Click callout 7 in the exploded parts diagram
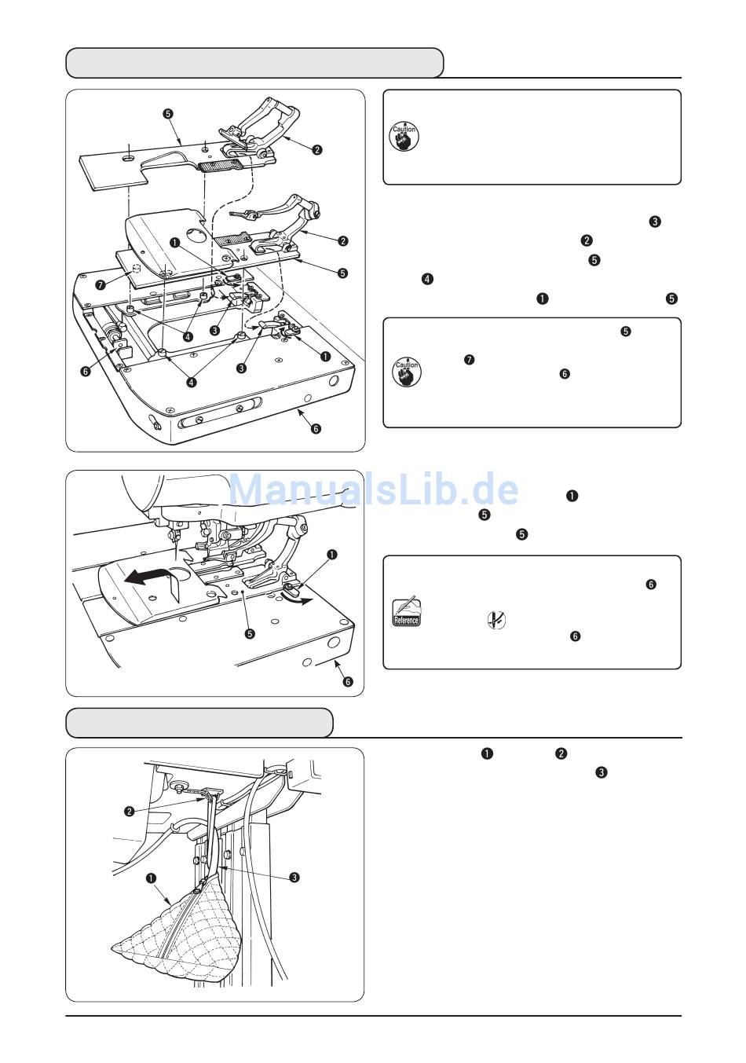[x=101, y=284]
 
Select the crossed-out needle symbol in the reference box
[x=496, y=621]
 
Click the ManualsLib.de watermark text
[x=374, y=489]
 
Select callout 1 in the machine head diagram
[x=333, y=555]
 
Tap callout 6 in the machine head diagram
[x=349, y=681]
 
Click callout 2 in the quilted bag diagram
[x=130, y=810]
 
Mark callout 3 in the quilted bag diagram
[x=294, y=878]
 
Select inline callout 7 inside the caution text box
[x=469, y=360]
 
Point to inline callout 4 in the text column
[x=427, y=279]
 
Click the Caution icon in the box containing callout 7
[x=406, y=371]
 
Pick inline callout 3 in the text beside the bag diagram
[x=601, y=773]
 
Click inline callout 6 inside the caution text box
[x=564, y=375]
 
